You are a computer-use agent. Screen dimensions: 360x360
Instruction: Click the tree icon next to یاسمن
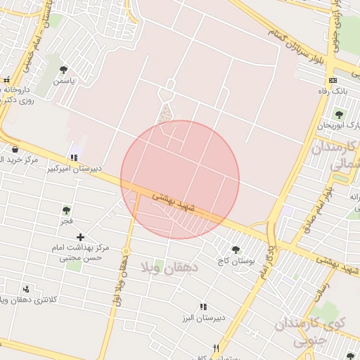(x=64, y=70)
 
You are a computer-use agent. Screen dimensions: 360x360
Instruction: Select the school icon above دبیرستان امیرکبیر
(x=74, y=157)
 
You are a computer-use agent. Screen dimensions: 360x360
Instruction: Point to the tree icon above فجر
(x=66, y=210)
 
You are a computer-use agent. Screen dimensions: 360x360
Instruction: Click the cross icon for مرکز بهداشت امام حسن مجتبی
(x=81, y=237)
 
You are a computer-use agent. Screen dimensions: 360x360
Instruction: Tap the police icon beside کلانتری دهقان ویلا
(x=26, y=289)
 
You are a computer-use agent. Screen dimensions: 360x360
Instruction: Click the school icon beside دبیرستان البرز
(x=203, y=307)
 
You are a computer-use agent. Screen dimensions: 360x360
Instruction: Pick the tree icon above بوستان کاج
(x=236, y=250)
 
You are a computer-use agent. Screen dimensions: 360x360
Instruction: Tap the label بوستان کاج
(x=236, y=261)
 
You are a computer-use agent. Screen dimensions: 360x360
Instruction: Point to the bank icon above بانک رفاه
(x=333, y=80)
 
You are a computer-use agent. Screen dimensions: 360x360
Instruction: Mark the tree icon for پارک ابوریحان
(x=339, y=115)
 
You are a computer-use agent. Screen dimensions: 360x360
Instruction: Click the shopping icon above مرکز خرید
(x=15, y=149)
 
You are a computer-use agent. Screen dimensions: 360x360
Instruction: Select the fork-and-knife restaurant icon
(x=216, y=348)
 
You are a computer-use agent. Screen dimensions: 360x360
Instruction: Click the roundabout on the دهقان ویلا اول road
(x=127, y=251)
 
